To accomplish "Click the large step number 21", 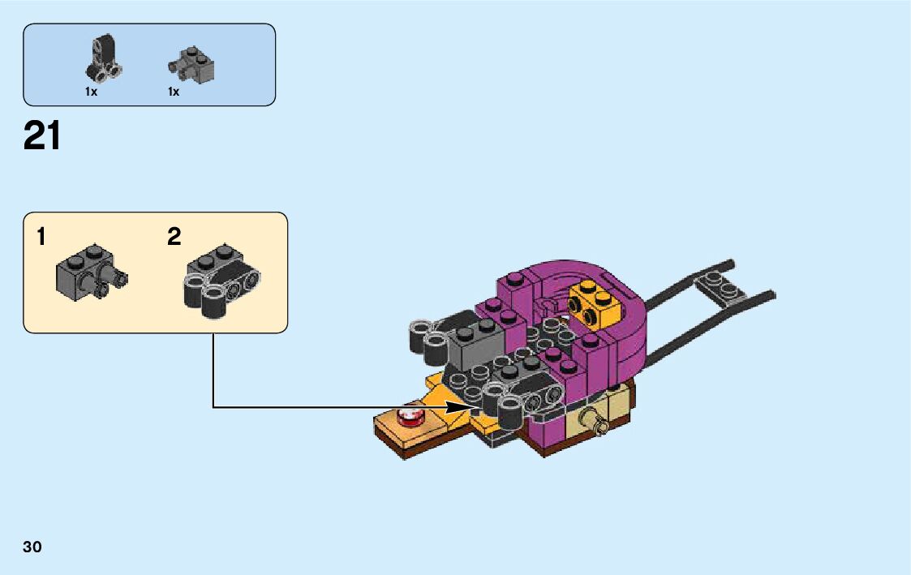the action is (42, 135).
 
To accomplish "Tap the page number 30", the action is (32, 547).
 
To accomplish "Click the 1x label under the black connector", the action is (91, 92).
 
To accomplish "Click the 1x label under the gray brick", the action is (174, 92).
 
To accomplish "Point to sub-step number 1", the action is (41, 238).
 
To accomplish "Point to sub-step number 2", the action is (174, 238).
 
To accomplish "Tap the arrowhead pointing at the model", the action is (477, 406).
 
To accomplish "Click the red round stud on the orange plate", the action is (411, 418).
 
